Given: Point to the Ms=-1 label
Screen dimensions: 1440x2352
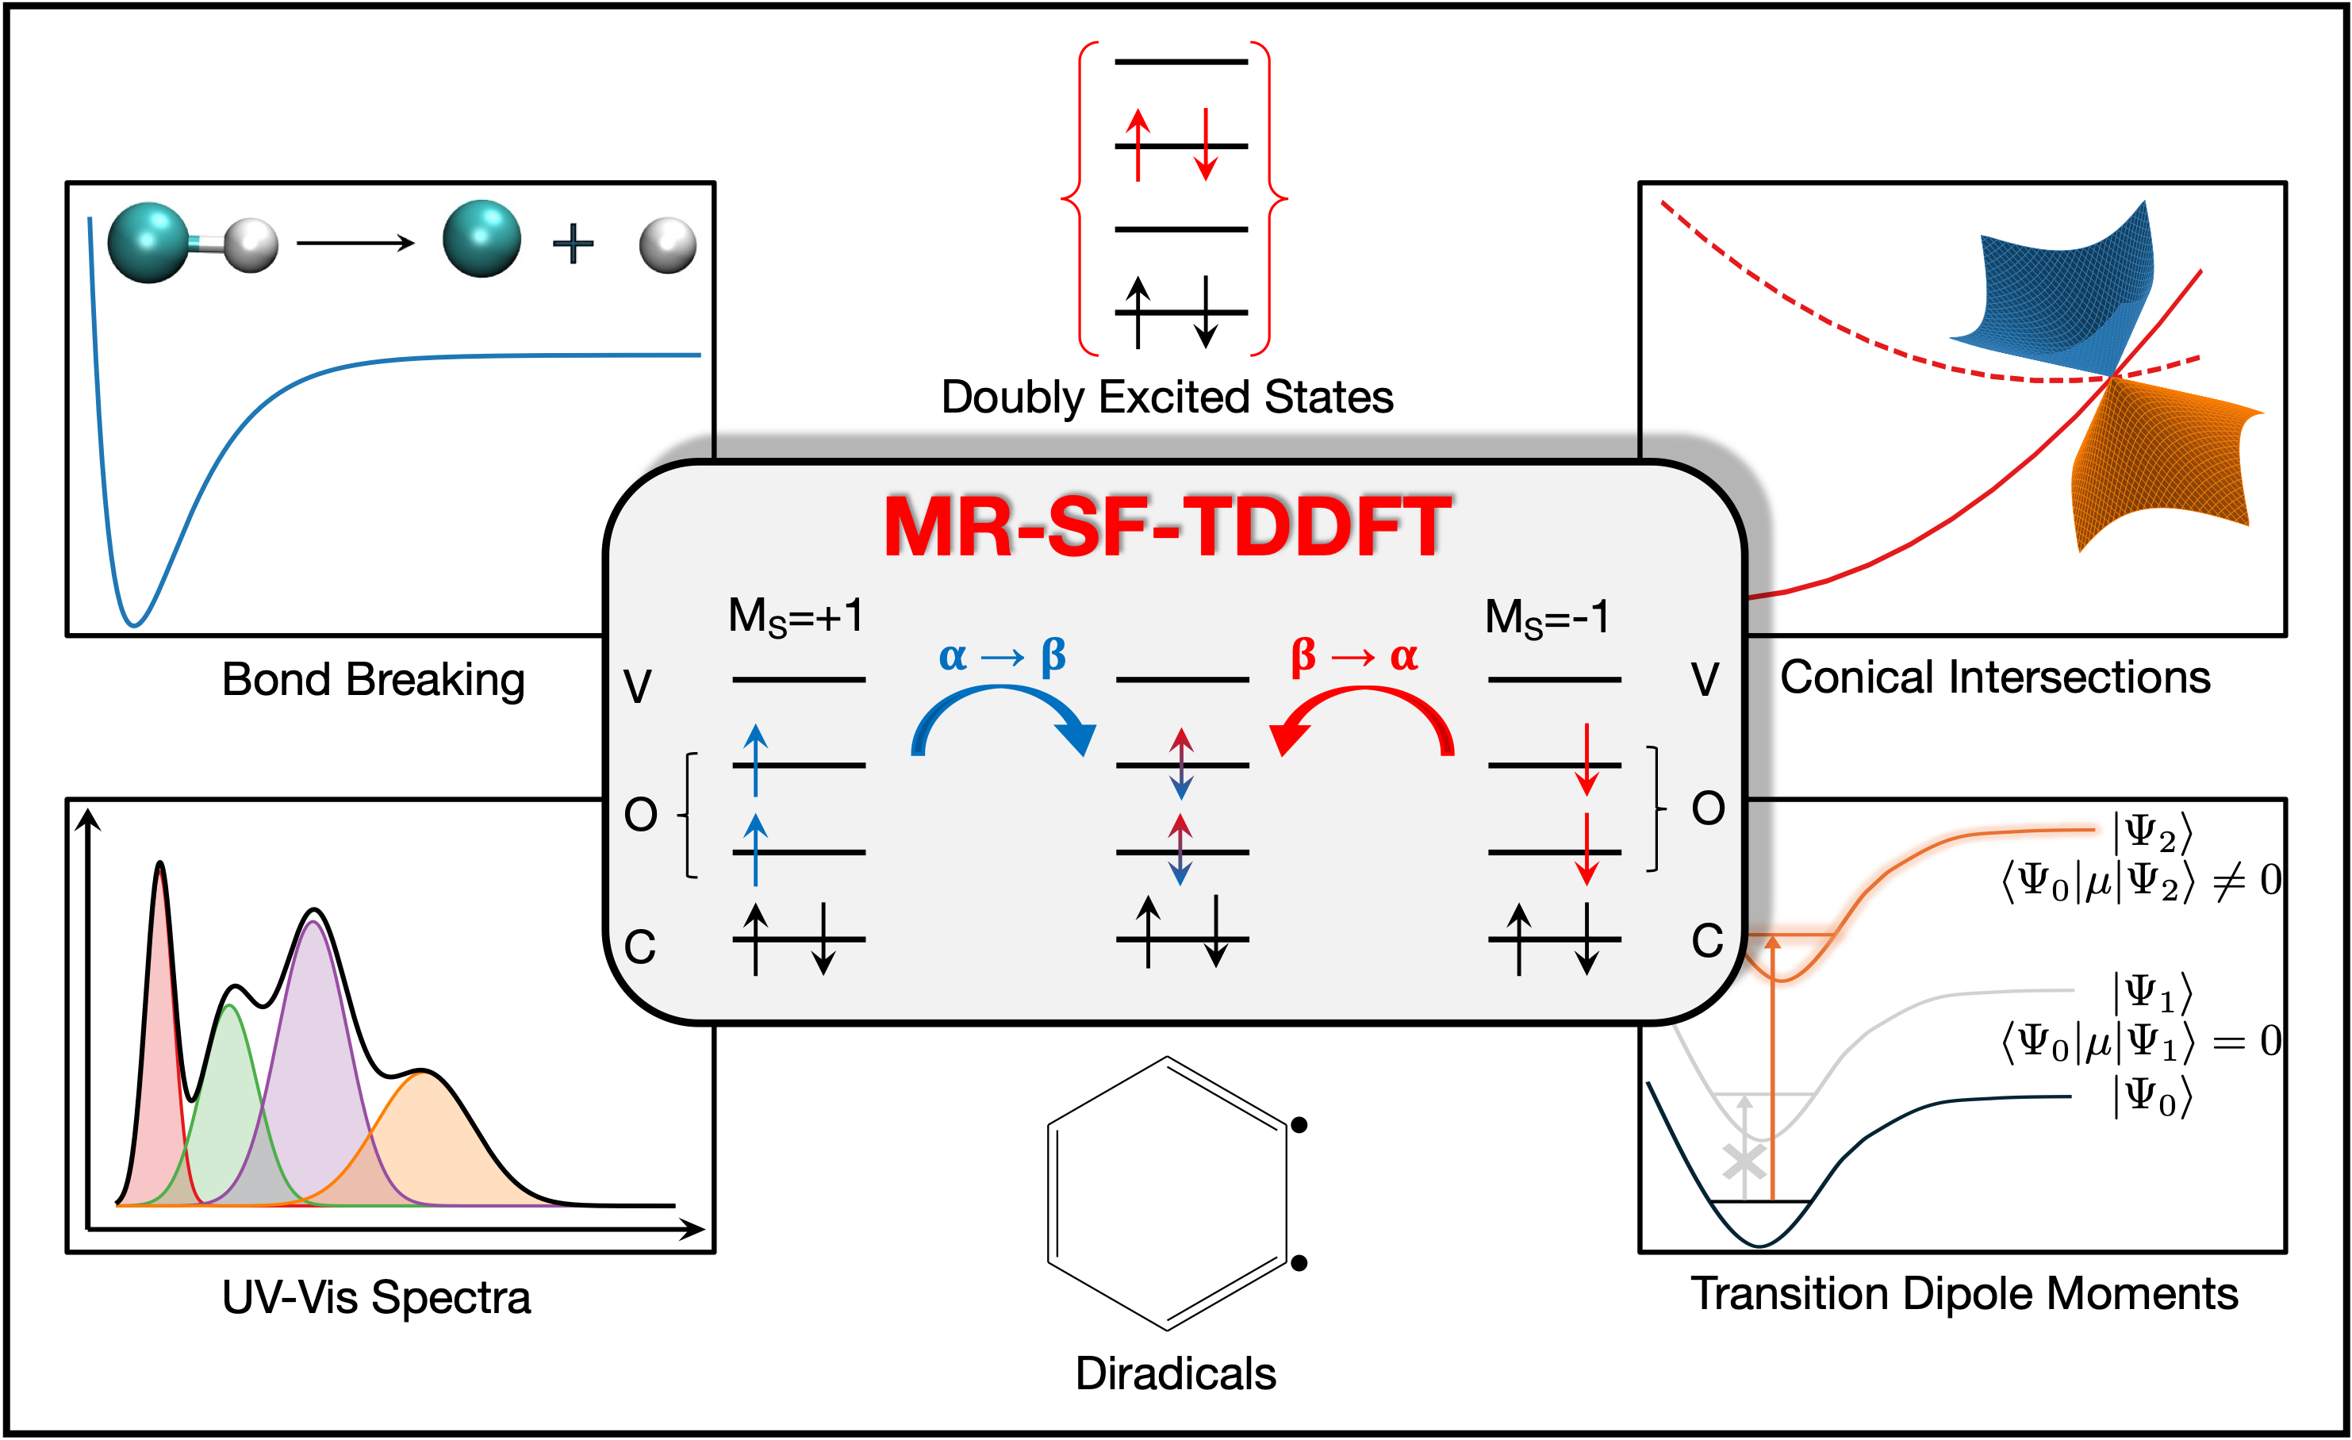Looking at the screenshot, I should [x=1546, y=617].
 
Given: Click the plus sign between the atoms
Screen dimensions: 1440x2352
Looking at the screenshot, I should [x=573, y=244].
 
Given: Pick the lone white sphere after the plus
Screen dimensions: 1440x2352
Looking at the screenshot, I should [x=667, y=245].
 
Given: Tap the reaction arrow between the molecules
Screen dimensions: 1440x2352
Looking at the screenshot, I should [x=355, y=244].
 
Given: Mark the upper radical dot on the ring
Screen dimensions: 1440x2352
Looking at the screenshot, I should [x=1299, y=1126].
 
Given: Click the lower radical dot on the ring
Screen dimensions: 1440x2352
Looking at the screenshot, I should [x=1299, y=1263].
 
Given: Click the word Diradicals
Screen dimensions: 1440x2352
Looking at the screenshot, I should [x=1175, y=1374].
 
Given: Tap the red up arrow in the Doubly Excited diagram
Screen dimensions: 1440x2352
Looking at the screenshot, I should [x=1137, y=144].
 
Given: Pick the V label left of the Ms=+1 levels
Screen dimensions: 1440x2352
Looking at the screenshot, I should [x=637, y=685].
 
